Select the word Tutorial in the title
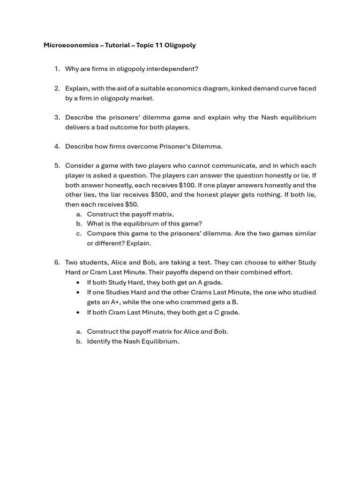(x=118, y=45)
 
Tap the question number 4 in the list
(x=56, y=146)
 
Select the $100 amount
(x=187, y=185)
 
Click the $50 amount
(x=131, y=204)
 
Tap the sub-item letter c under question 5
(x=79, y=233)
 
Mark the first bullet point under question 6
(x=78, y=283)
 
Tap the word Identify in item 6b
(x=99, y=341)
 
